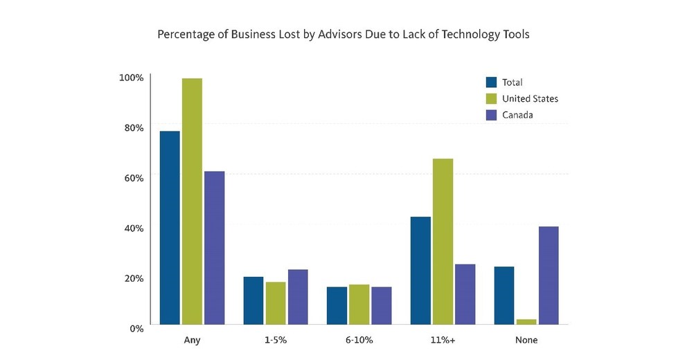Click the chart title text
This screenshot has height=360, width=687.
[343, 34]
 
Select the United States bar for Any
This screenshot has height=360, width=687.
[192, 201]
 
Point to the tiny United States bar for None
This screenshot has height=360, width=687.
[526, 321]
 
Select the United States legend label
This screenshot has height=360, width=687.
[530, 98]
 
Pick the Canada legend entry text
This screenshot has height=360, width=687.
[518, 115]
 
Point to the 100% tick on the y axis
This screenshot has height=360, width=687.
[131, 77]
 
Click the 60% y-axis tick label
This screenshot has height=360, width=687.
[132, 177]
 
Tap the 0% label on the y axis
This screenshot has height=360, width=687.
[135, 327]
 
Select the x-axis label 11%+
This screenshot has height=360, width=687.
[443, 340]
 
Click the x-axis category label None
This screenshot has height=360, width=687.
[526, 340]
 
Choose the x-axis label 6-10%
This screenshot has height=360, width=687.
[359, 340]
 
